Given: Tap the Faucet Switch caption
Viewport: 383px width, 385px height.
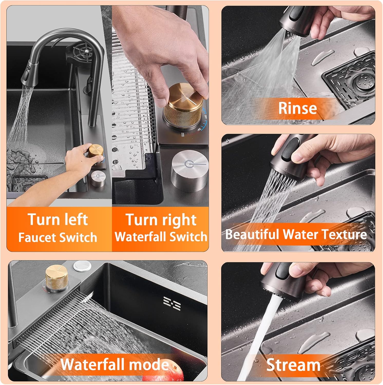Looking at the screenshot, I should coord(58,237).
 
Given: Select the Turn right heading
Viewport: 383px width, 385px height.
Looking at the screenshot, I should coord(161,220).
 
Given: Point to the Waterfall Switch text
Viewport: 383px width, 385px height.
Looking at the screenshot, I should coord(161,237).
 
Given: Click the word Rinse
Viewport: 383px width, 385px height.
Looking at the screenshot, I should coord(297,108).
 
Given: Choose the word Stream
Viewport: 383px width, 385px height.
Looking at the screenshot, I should coord(293,365).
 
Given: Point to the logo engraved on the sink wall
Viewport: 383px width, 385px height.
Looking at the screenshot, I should coord(172,303).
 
